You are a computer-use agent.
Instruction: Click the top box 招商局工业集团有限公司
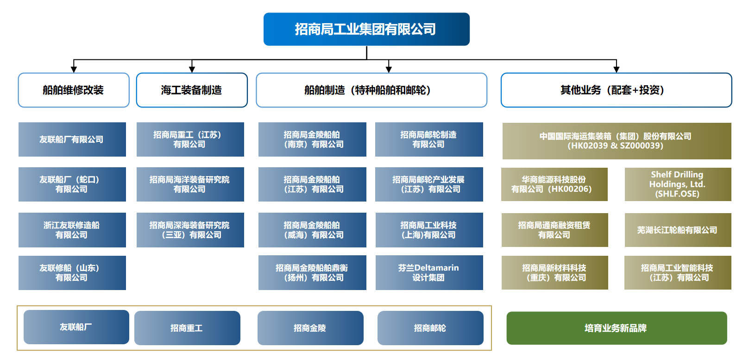366,29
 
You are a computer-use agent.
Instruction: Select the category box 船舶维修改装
74,90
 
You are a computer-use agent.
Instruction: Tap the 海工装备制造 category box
192,90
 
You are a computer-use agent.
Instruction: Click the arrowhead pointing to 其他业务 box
616,69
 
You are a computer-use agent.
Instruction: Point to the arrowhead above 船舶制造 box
389,69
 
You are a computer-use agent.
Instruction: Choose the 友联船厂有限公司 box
72,139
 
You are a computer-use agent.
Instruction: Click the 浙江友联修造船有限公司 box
72,230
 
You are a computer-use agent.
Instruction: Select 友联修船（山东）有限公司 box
72,273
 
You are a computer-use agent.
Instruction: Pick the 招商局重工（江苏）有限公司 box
190,139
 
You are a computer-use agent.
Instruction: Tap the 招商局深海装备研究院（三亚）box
190,230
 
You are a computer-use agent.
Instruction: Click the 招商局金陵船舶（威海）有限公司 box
312,230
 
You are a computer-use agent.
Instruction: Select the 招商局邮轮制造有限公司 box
429,139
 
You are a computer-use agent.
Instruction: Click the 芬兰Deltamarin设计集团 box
429,273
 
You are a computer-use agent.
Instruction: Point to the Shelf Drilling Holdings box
678,184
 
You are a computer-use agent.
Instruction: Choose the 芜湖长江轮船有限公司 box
678,230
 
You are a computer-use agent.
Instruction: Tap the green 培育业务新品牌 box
617,328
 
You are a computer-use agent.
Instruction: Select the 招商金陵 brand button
310,328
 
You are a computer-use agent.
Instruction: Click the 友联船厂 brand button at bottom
76,327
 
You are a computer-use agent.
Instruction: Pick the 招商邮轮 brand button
430,328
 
